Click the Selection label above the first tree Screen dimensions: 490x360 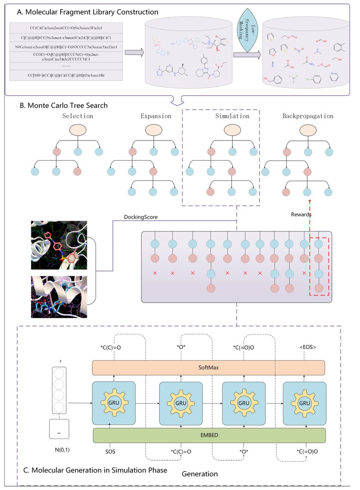tap(78, 116)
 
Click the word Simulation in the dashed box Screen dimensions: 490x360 tap(232, 116)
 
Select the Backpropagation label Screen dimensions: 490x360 tap(307, 116)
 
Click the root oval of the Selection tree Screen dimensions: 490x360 tap(78, 130)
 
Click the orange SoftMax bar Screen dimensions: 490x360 tap(209, 367)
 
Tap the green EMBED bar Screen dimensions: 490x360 tap(209, 435)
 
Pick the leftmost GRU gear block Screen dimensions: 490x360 tap(114, 403)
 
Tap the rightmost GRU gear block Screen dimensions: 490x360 tap(304, 403)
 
